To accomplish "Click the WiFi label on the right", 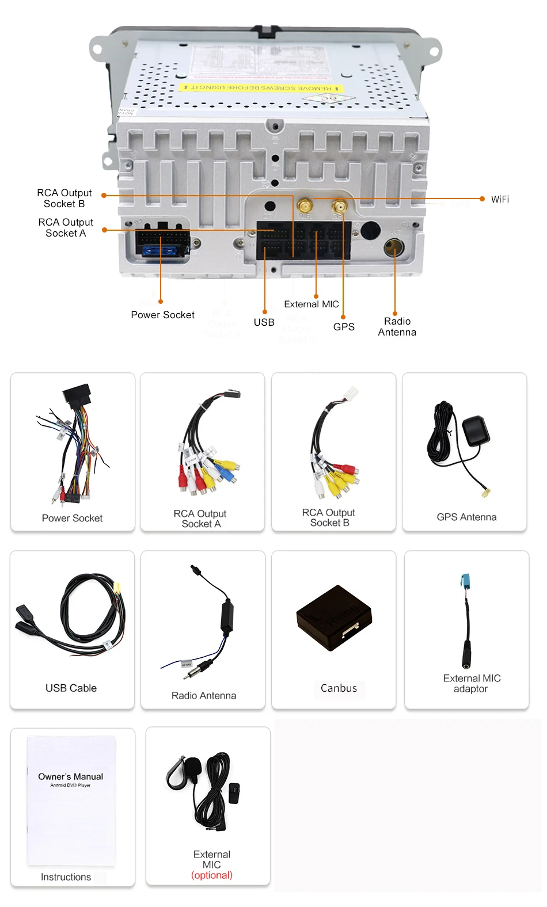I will pyautogui.click(x=499, y=199).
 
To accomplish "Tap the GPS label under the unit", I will pyautogui.click(x=344, y=327).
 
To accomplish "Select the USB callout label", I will pyautogui.click(x=264, y=322).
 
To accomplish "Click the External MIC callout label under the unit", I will pyautogui.click(x=311, y=304).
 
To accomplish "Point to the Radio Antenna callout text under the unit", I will pyautogui.click(x=397, y=327).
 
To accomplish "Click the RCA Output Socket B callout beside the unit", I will pyautogui.click(x=64, y=199).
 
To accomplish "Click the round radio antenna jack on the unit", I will pyautogui.click(x=394, y=248).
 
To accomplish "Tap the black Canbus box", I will pyautogui.click(x=334, y=618).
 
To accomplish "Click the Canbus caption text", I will pyautogui.click(x=339, y=688).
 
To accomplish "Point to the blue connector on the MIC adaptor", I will pyautogui.click(x=465, y=582).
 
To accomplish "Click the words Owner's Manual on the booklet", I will pyautogui.click(x=70, y=776).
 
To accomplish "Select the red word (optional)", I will pyautogui.click(x=211, y=875).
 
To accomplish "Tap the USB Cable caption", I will pyautogui.click(x=71, y=688).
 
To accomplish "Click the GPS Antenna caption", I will pyautogui.click(x=466, y=517).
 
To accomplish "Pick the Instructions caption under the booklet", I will pyautogui.click(x=66, y=877).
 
